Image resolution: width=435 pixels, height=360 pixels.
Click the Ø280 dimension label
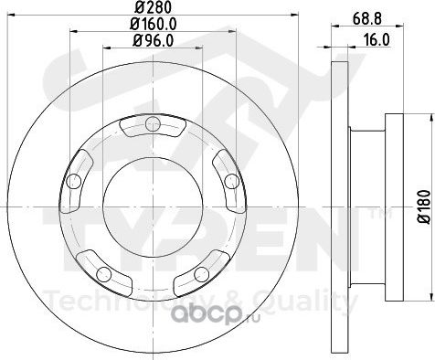153,7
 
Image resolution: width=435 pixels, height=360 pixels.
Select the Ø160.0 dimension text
154,24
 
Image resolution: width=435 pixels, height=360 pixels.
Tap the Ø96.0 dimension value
153,40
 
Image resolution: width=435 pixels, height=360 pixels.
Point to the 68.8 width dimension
367,19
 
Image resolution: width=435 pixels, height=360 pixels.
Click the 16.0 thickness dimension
377,40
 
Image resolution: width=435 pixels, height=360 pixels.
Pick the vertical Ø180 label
424,206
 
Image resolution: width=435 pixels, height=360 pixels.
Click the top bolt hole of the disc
153,123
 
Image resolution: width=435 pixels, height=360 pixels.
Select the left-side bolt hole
73,182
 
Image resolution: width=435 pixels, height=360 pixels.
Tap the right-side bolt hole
232,182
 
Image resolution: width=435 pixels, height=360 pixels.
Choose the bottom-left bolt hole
103,274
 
